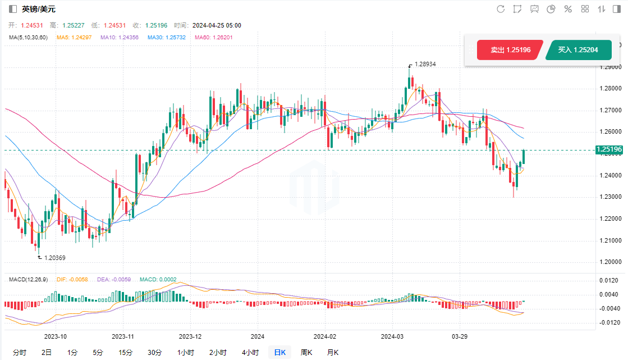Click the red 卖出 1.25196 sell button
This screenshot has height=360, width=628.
510,50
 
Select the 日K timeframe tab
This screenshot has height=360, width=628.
279,352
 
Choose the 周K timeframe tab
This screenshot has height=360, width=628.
306,352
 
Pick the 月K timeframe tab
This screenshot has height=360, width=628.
333,352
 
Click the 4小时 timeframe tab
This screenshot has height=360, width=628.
250,352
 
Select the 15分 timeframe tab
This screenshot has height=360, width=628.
125,352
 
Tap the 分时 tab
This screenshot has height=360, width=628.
19,352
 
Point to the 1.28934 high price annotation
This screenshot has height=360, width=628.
425,65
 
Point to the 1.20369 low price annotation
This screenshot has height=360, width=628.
54,258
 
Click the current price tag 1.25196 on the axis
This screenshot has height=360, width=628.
609,149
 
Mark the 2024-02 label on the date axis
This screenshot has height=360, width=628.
324,336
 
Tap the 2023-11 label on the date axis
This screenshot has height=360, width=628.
123,336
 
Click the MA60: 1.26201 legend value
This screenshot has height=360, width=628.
213,38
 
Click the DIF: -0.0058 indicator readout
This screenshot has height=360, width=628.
72,279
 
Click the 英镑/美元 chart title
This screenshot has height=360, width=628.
39,9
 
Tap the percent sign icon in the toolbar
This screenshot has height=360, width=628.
568,9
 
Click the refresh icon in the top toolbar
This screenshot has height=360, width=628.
501,9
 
